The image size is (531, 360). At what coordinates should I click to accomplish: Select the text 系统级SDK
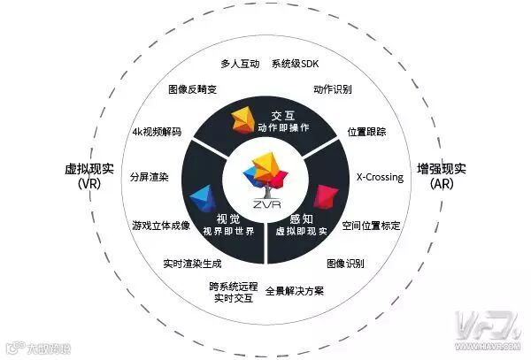coord(296,65)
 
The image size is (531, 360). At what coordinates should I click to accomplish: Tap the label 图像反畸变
coord(194,90)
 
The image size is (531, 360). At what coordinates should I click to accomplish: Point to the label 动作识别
coord(334,90)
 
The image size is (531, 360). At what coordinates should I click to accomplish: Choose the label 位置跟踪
coord(366,132)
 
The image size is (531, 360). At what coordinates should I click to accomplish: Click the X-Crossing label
coord(379,177)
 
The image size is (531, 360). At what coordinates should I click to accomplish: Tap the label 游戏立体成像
coord(160,226)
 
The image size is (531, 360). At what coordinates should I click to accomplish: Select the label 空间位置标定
coord(371,226)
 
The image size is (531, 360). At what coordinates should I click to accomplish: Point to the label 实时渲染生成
coord(192,264)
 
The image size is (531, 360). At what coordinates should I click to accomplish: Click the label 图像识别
coord(345,264)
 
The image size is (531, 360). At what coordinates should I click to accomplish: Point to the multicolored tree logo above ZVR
coord(265,173)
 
